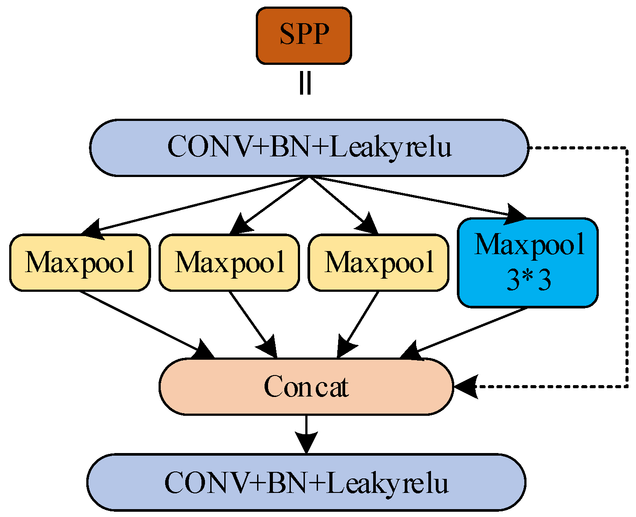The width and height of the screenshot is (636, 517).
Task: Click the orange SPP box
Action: coord(304,35)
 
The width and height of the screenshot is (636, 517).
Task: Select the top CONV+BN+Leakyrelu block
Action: coord(309,148)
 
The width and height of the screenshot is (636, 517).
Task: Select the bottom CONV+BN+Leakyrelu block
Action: coord(306,482)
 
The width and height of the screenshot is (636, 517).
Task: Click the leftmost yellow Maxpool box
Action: coord(80,262)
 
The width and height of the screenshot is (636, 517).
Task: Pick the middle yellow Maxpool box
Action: coord(229,262)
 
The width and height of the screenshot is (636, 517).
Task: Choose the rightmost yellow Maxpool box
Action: coord(378,262)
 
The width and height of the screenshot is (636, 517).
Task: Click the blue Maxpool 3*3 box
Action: coord(528,262)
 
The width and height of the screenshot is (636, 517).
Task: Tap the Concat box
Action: coord(306,386)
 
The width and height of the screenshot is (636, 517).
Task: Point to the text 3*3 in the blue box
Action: coord(528,281)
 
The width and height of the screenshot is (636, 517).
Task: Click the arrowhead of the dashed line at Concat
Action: coord(465,387)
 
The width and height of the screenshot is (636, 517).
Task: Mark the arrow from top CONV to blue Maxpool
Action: coord(416,197)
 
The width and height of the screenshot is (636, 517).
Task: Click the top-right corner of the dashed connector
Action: coord(628,148)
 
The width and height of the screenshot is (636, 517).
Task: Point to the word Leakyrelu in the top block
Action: coord(390,148)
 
